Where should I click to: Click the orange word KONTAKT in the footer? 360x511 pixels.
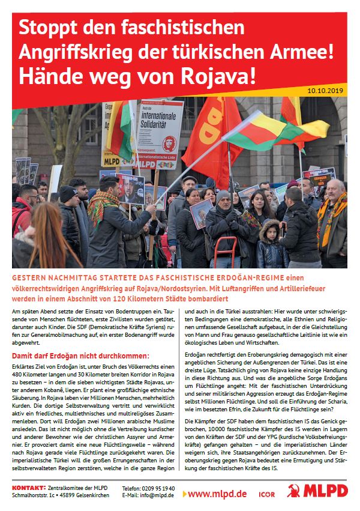click(27, 488)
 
